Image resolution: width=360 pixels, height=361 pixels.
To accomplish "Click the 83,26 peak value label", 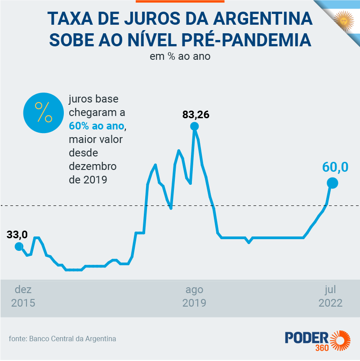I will coord(196,114).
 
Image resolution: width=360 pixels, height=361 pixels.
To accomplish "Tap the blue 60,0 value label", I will coord(335,167).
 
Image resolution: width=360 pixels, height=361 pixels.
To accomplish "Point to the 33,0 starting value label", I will coord(17,234).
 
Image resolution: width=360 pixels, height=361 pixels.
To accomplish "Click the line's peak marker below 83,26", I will coord(195,126).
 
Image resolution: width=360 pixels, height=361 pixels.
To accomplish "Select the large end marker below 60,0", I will coord(332,183).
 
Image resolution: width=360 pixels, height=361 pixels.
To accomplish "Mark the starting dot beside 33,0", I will coord(18,246).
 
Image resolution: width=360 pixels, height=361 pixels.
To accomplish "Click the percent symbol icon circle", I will coord(44,112).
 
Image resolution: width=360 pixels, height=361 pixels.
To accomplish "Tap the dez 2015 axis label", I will coord(23,296).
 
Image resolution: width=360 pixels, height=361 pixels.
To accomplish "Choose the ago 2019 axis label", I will coord(194,296).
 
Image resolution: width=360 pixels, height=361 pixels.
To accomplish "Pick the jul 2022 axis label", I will coord(330,296).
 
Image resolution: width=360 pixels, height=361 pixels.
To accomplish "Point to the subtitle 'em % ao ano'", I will coord(180,57).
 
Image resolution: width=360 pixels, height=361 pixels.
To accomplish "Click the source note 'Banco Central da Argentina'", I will coord(72,339).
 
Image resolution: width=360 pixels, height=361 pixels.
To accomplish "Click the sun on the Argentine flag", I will coord(344,20).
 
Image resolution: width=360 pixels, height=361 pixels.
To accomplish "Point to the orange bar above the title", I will coord(180,1).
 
